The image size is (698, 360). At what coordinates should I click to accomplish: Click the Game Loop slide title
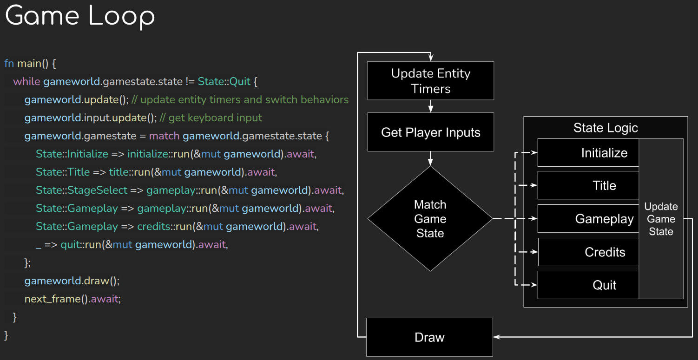point(80,17)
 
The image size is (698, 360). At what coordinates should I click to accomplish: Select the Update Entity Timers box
point(430,81)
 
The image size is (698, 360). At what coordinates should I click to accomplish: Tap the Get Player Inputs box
point(430,132)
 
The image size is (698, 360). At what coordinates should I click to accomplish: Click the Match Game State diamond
point(430,219)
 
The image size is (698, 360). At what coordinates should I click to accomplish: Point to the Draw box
point(429,337)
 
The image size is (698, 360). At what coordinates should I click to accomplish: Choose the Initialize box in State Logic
point(588,153)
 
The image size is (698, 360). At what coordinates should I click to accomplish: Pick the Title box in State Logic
point(588,186)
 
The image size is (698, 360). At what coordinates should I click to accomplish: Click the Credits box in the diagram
point(588,252)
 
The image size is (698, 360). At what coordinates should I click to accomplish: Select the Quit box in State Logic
point(588,285)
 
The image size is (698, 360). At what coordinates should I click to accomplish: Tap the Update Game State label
point(661,219)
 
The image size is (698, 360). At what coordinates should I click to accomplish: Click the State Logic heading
point(605,128)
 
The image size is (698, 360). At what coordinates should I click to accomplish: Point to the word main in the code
point(29,63)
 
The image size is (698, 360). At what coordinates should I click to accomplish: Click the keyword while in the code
point(27,82)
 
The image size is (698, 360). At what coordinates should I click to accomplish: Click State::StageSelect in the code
point(81,190)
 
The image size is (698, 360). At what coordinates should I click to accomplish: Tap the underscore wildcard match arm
point(38,245)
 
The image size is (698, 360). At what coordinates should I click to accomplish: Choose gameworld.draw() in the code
point(72,281)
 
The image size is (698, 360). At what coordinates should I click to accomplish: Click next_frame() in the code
point(56,299)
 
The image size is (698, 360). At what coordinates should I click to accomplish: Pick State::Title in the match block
point(63,172)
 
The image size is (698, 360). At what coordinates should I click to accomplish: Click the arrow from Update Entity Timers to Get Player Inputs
point(430,106)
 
